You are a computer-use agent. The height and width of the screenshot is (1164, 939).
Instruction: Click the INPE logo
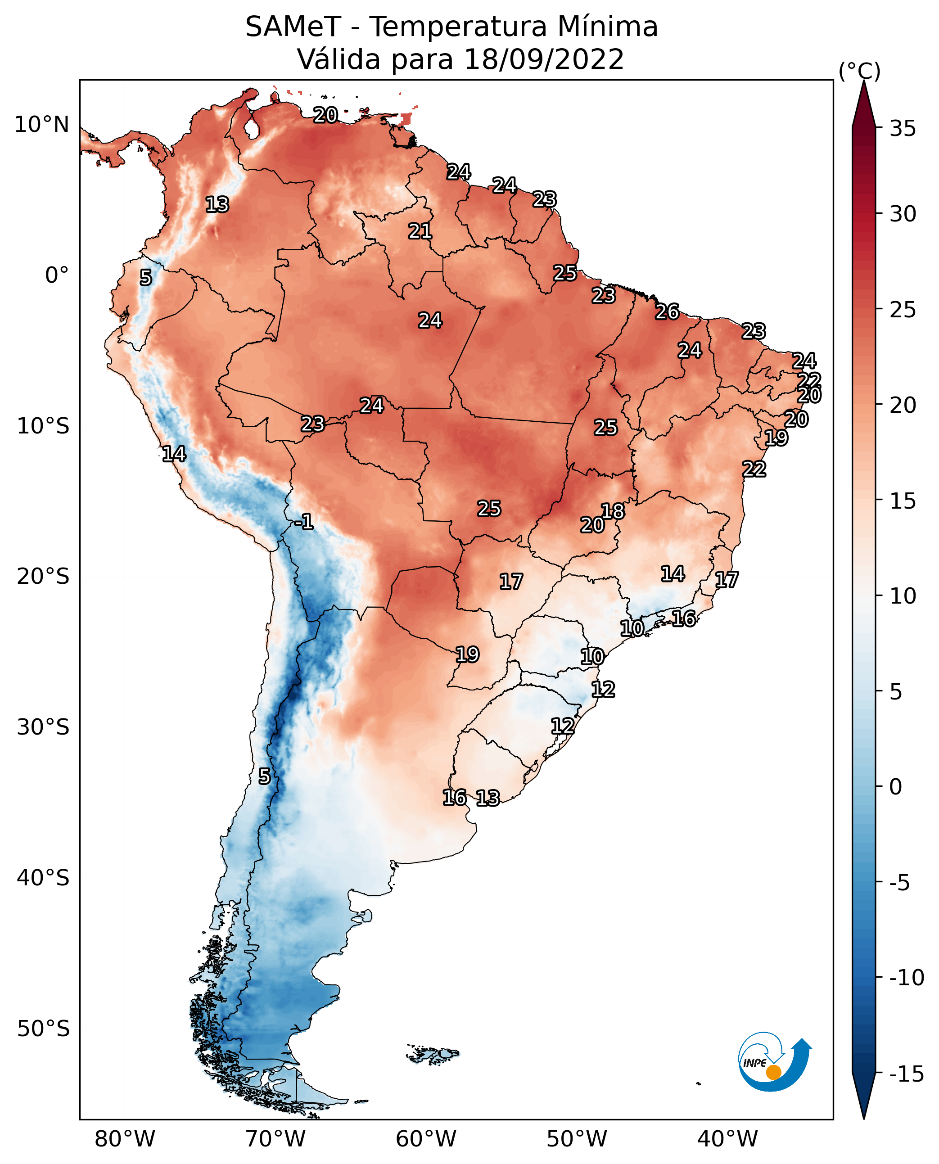775,1061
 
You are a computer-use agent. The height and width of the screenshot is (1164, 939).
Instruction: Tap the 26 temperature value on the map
667,312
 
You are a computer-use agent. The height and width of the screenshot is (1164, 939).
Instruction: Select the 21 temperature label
420,231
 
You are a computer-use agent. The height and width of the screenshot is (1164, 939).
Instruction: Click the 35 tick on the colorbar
903,129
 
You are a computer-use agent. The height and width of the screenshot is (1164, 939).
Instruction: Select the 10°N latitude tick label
42,125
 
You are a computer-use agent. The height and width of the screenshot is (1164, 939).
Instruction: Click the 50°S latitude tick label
43,1029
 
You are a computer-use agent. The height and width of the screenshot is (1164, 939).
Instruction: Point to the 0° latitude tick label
57,275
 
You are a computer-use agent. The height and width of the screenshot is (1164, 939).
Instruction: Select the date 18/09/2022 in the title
544,59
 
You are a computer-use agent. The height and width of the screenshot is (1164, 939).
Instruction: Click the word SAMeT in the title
293,27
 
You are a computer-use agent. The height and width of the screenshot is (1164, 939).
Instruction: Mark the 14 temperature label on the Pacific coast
174,454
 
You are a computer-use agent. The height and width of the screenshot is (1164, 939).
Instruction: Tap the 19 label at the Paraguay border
467,654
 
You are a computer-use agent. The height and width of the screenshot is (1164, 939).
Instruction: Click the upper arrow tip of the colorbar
864,81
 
